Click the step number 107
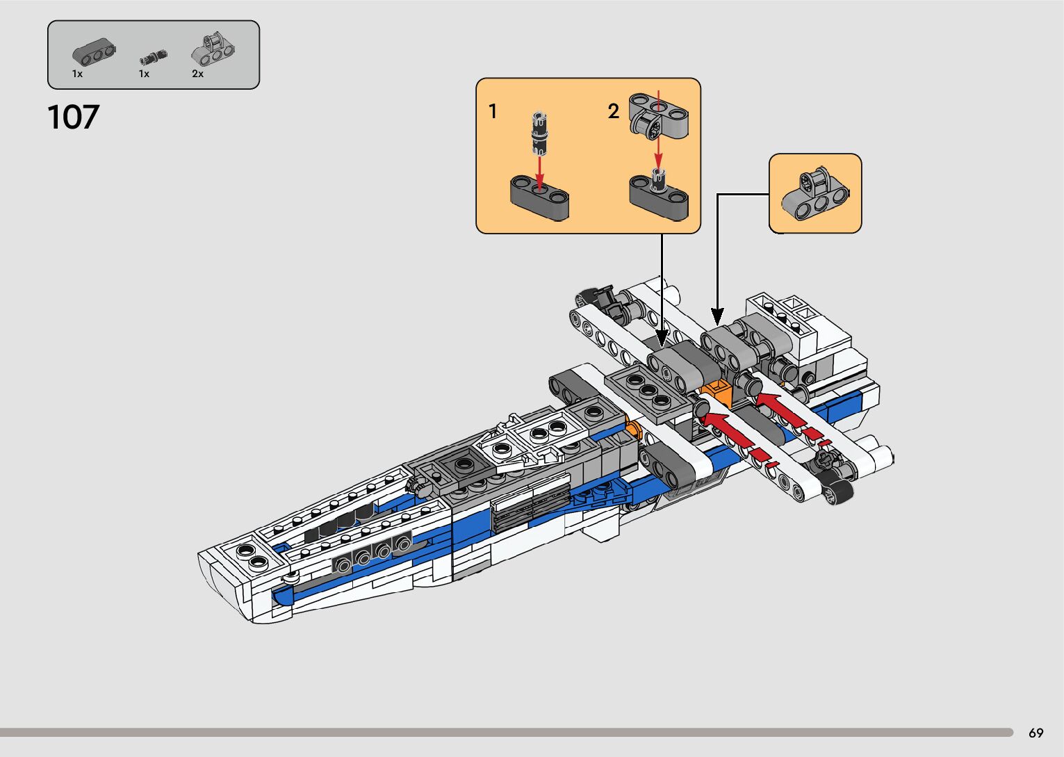(73, 117)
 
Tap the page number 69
(1036, 733)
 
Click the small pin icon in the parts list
(154, 57)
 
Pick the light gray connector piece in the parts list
(213, 50)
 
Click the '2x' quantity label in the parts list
(197, 74)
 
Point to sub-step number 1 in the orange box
(493, 111)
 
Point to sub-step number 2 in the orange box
(613, 111)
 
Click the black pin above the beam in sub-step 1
(539, 133)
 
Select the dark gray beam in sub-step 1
(539, 197)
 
